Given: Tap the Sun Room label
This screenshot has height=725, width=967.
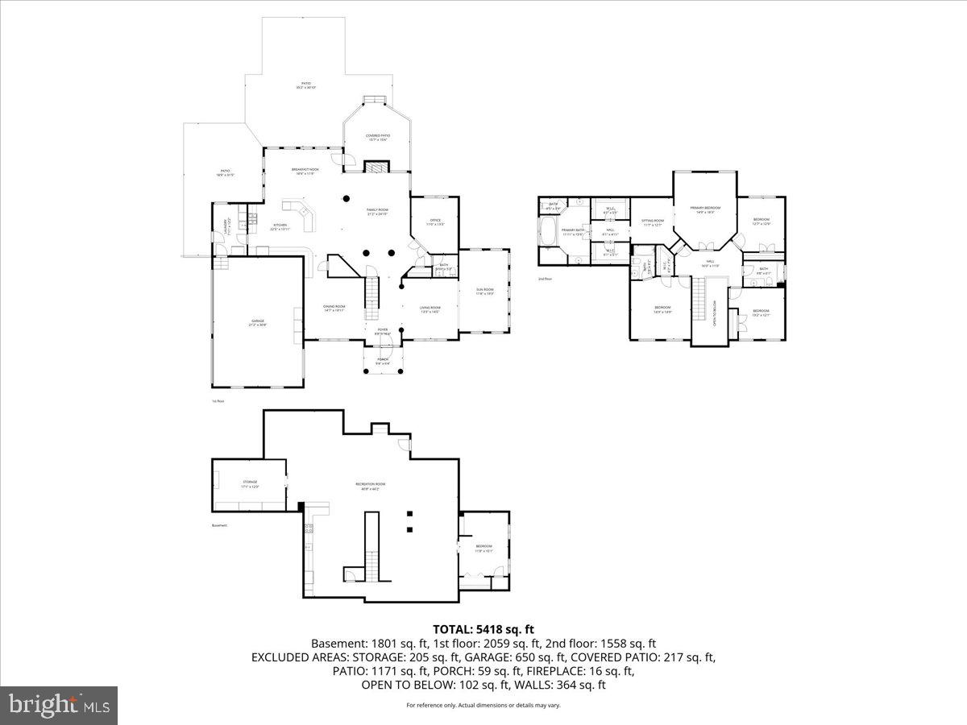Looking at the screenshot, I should [484, 291].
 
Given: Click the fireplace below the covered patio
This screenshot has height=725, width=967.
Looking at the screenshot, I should [376, 167].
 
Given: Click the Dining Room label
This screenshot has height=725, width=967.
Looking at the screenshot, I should [334, 308].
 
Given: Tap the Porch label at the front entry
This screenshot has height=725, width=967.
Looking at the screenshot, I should [383, 362].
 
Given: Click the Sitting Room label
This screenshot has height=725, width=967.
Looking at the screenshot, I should [652, 222].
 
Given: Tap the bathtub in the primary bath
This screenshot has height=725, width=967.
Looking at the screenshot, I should [549, 231].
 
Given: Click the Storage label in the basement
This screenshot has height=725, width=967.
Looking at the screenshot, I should [249, 484].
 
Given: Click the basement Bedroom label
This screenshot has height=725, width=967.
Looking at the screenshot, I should [483, 548].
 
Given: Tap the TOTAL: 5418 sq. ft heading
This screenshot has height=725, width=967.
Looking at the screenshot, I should [483, 629].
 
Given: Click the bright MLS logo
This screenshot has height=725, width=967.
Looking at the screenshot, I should [59, 705].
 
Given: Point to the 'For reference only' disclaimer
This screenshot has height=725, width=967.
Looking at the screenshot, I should [483, 705].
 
